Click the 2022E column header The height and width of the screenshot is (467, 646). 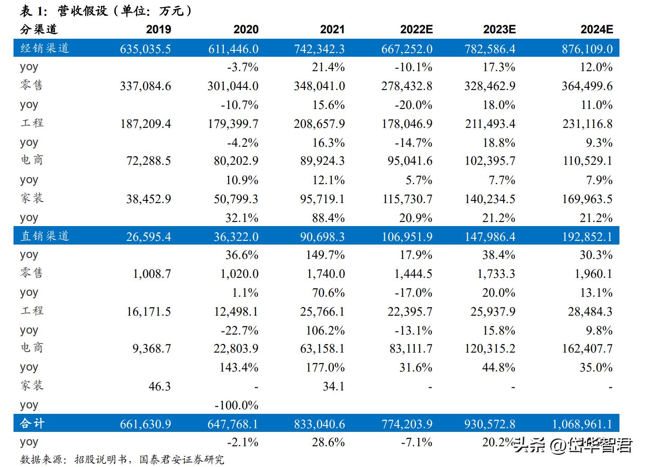tap(416, 30)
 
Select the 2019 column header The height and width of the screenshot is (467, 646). tap(158, 30)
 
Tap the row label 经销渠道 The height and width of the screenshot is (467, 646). tap(45, 48)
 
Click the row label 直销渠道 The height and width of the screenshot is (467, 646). tap(45, 236)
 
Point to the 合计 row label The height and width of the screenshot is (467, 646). tap(32, 424)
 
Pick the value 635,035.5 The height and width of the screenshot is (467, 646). tap(145, 49)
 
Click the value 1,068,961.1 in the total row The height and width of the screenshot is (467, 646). tap(582, 424)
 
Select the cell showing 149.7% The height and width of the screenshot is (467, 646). tap(325, 255)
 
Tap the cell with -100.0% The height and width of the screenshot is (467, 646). tap(236, 405)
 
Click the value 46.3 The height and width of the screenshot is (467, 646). tap(159, 386)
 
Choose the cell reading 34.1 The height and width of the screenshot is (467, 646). tap(334, 386)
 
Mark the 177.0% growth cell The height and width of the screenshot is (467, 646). tap(325, 367)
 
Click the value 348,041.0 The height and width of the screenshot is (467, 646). tap(319, 86)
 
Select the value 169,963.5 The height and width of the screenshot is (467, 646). tap(587, 199)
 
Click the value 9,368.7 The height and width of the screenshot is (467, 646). tap(152, 349)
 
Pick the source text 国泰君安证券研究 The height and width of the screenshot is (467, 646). tap(181, 460)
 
